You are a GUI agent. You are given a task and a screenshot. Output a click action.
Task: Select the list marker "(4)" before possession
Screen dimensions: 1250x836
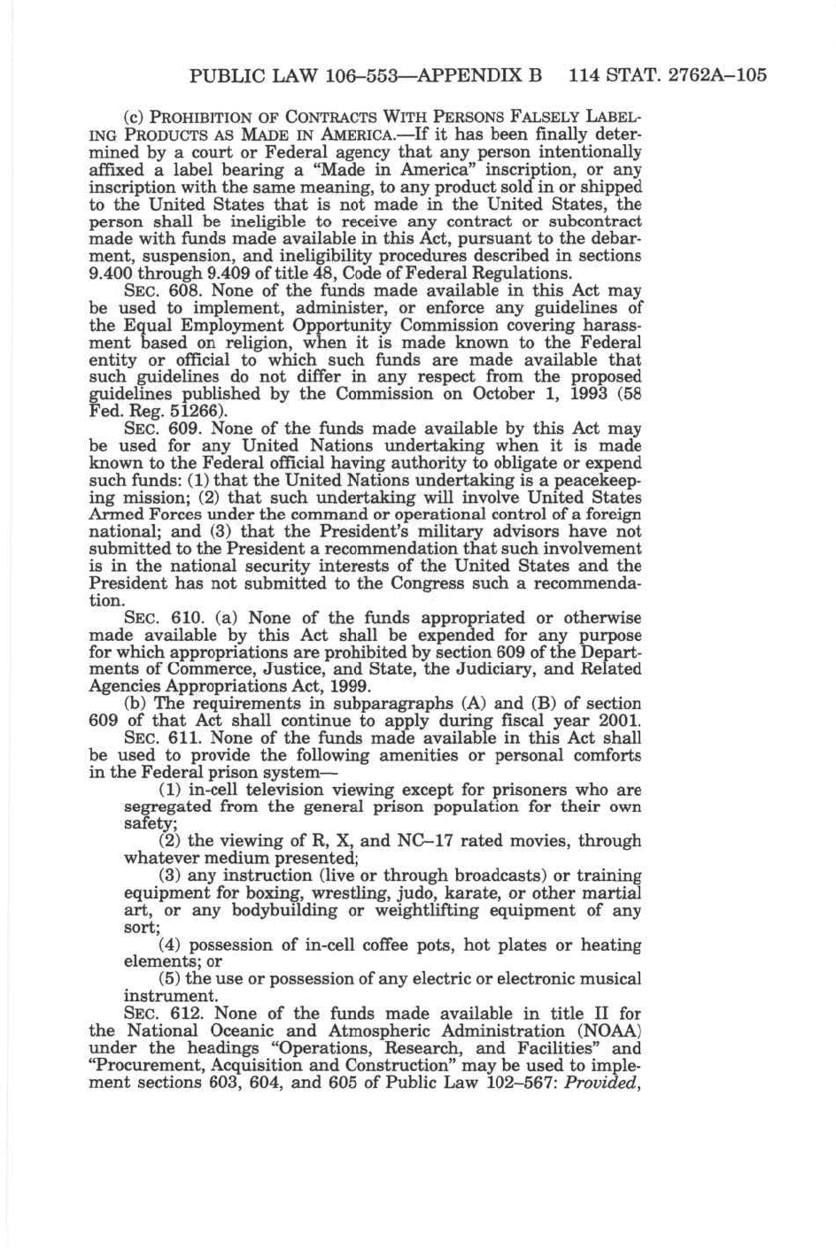tap(169, 945)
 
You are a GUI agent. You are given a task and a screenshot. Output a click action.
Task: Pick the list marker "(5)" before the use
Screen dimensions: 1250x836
tap(169, 979)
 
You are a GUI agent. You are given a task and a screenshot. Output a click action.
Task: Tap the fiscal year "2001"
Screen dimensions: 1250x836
tap(622, 721)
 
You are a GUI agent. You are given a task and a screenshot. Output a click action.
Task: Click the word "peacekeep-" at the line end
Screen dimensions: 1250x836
tap(600, 481)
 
